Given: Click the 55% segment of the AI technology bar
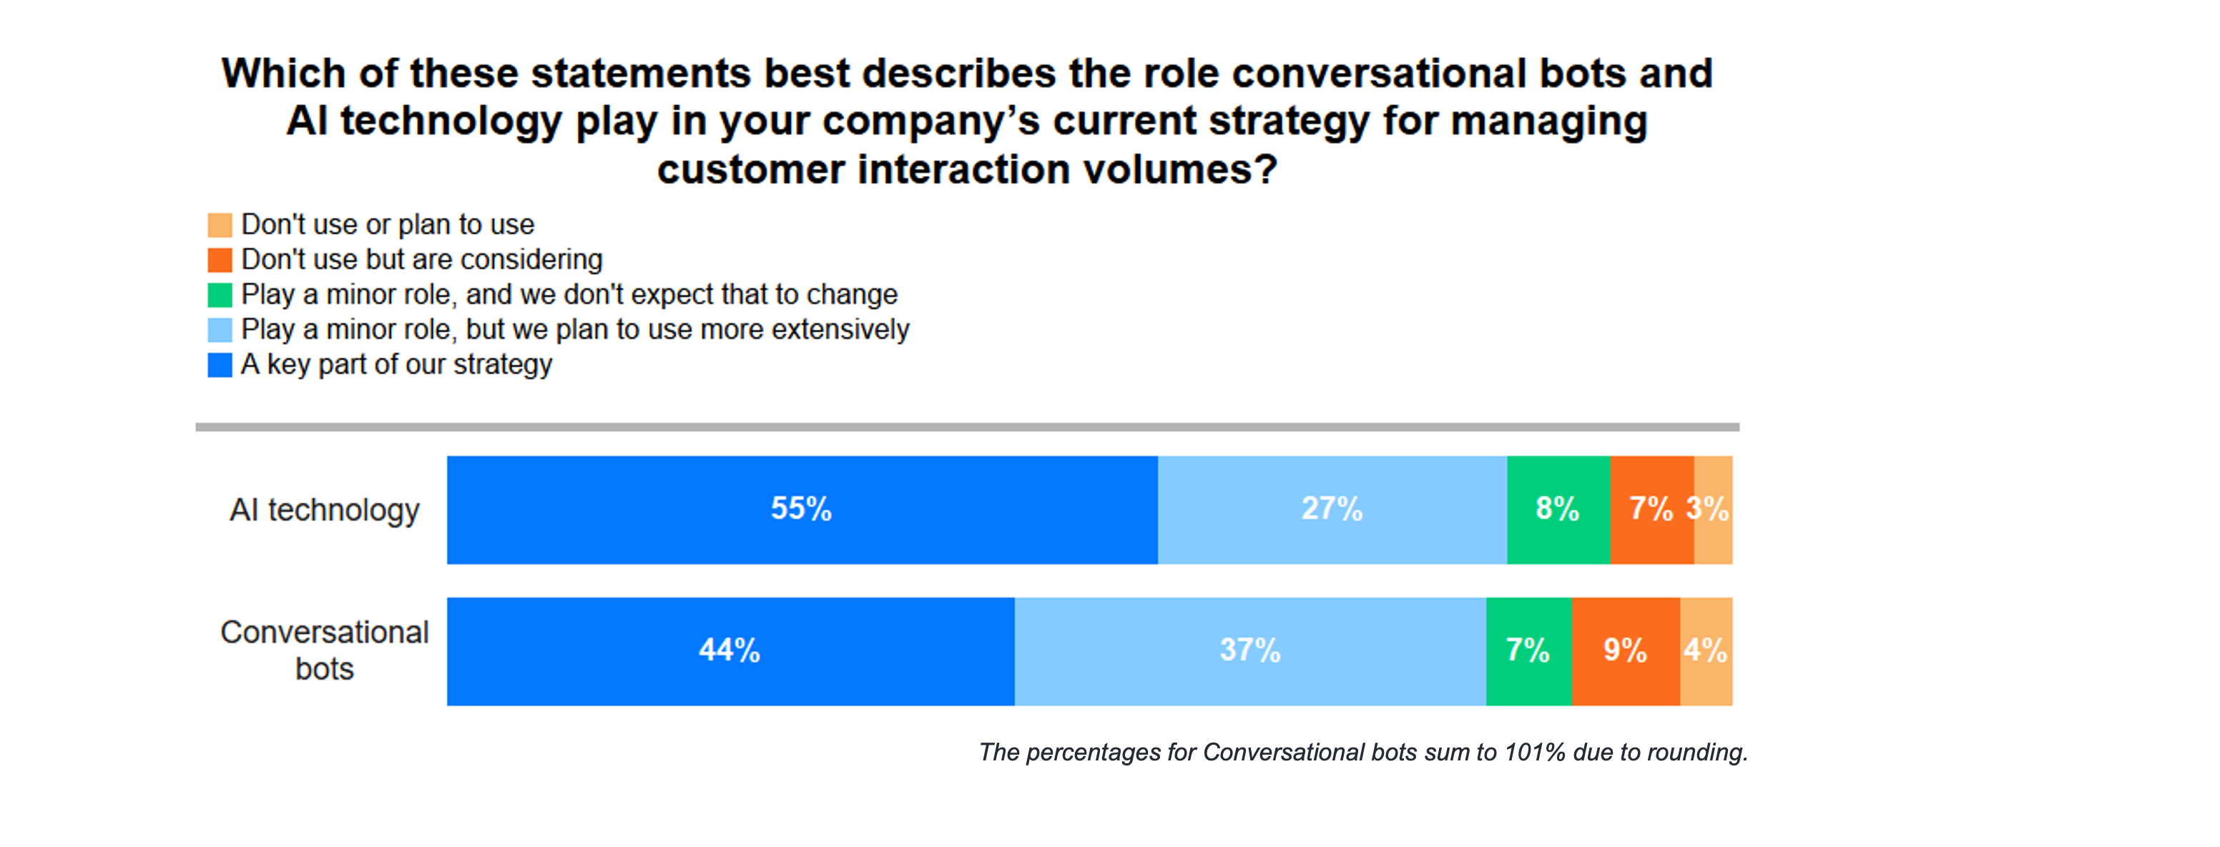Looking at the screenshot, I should (802, 509).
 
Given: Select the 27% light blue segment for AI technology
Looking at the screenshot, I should (1332, 509).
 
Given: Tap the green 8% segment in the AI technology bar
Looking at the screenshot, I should (1558, 509).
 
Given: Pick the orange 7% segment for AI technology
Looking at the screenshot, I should (1651, 509).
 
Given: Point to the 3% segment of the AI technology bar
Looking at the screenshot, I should (1713, 509).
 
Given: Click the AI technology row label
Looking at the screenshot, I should (324, 510).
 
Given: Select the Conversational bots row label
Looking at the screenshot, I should (324, 650).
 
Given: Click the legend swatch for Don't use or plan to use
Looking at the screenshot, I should (220, 225).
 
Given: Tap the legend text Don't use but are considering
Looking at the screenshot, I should (421, 260).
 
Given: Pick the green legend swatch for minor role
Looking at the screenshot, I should (220, 295).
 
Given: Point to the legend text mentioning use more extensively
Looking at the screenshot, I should (575, 330).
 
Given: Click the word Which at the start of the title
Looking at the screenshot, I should (283, 74).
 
